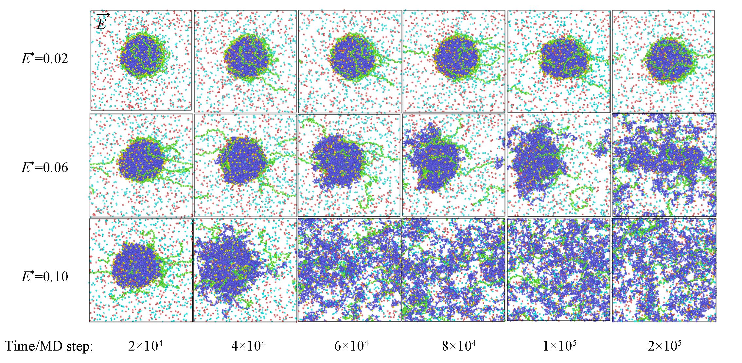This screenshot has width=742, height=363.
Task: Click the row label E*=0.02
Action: coord(45,59)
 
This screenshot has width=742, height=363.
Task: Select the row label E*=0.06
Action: coord(45,167)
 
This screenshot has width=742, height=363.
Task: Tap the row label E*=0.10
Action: coord(45,276)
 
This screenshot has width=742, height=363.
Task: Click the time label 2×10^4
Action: coord(145,346)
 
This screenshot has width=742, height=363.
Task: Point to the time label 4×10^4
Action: coord(248,346)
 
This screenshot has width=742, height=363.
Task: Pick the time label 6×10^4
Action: coord(351,346)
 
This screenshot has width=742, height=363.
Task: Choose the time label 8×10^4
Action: coord(459,346)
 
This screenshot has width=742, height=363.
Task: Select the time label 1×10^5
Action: coord(559,346)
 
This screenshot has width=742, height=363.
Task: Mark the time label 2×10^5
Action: coord(664,346)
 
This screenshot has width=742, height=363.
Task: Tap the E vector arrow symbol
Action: coord(102,22)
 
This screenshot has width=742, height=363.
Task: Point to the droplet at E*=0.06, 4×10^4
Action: coord(243,161)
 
